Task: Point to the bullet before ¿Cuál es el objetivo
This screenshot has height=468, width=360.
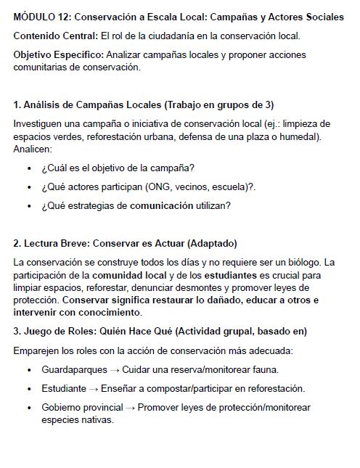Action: pyautogui.click(x=28, y=168)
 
